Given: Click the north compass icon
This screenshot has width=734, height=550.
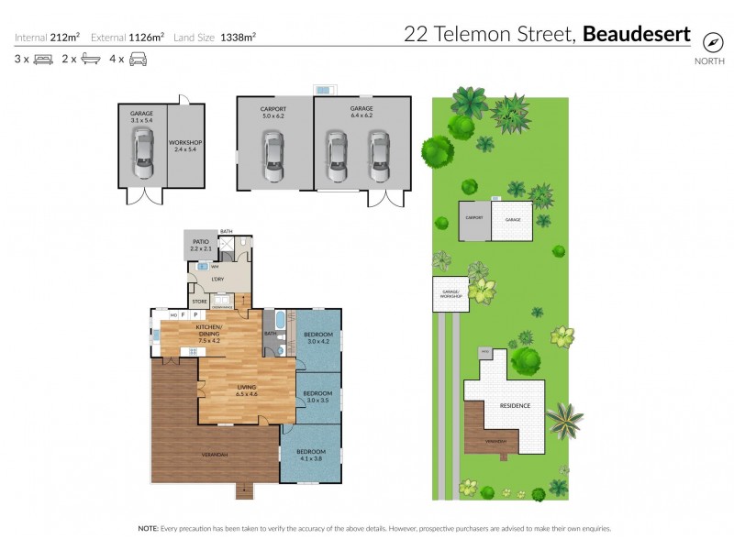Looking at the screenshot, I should click(710, 42).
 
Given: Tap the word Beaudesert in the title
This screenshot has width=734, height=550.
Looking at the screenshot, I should click(637, 36).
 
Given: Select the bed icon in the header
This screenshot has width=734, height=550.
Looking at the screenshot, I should click(44, 60).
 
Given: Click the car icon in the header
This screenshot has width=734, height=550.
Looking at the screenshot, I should click(138, 60).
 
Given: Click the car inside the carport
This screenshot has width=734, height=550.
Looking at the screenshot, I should click(274, 155).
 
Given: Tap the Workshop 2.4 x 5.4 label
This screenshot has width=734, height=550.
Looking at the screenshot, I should click(185, 147).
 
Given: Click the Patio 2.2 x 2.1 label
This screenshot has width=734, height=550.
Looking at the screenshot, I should click(201, 245).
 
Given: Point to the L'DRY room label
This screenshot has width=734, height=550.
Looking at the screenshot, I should click(218, 279).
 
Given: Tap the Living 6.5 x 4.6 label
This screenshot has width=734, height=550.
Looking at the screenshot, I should click(247, 390).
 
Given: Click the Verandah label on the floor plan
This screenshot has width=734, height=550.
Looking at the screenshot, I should click(215, 455).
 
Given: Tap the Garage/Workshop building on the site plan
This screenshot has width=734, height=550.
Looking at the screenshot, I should click(450, 293).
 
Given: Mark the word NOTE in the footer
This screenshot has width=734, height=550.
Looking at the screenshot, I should click(147, 529).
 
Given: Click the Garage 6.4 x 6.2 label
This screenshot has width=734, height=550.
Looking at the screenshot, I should click(361, 112).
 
